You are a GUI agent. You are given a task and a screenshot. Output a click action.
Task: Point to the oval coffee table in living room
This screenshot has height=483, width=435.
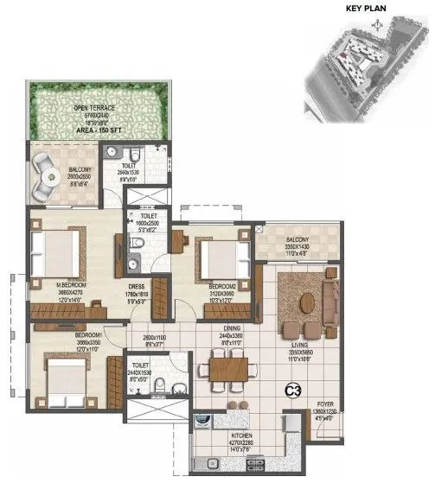click(307, 303)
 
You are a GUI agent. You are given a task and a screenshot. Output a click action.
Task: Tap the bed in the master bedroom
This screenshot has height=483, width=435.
click(57, 252)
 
